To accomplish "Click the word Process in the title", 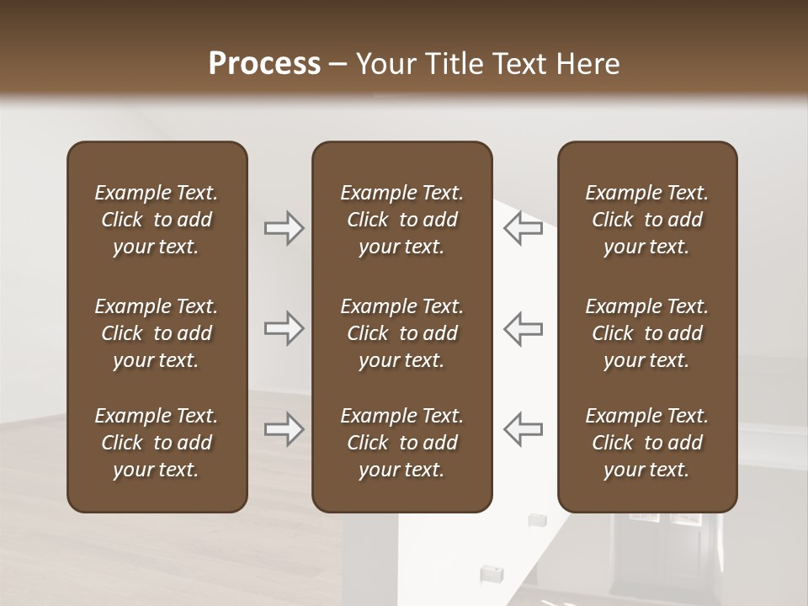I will click(264, 64).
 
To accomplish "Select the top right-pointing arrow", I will click(284, 228).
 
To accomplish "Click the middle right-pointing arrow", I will click(284, 328).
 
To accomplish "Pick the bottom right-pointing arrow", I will click(284, 429).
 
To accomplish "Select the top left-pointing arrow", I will click(524, 228).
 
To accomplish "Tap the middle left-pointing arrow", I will click(524, 328).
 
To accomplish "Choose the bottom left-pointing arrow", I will click(524, 429).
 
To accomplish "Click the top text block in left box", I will click(157, 220).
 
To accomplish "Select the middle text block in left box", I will click(157, 333).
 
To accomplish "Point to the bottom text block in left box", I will click(157, 443).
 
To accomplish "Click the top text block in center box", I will click(401, 220).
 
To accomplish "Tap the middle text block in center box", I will click(401, 333).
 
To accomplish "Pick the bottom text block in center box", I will click(401, 443).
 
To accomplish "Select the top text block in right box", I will click(646, 220).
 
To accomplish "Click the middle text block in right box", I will click(646, 333).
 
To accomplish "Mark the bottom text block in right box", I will click(646, 443).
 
